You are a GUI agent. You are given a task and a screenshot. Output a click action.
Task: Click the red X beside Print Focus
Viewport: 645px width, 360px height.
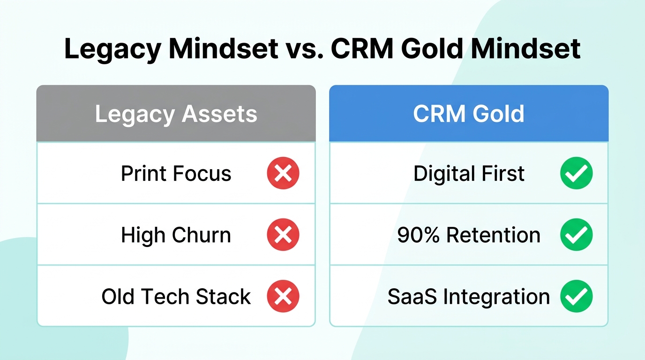(283, 173)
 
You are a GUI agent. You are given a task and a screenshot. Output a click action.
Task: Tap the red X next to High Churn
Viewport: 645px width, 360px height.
(283, 235)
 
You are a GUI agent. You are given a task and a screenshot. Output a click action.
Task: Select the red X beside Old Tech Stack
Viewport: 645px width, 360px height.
(283, 296)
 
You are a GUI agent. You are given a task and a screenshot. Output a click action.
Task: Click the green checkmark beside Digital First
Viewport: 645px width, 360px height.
(576, 173)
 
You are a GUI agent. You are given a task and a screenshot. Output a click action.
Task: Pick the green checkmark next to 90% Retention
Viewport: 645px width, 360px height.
(576, 235)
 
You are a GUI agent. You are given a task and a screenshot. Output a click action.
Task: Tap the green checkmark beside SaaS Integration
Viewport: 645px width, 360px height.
(576, 296)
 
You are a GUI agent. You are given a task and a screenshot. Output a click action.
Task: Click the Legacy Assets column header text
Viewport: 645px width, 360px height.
(176, 114)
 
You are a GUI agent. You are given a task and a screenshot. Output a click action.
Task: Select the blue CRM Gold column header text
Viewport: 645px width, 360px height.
(468, 114)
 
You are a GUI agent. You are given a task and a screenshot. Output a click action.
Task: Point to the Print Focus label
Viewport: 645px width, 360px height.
(176, 174)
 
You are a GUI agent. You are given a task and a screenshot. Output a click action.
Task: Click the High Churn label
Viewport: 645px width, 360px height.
(176, 235)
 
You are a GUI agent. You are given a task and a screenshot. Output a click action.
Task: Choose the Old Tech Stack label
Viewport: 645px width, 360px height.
(176, 297)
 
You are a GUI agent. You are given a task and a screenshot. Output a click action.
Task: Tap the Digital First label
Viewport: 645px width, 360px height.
(468, 174)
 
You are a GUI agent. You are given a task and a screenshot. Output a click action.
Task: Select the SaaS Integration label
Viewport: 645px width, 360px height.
(468, 297)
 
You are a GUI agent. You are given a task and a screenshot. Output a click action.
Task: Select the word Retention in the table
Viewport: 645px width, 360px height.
(493, 235)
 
